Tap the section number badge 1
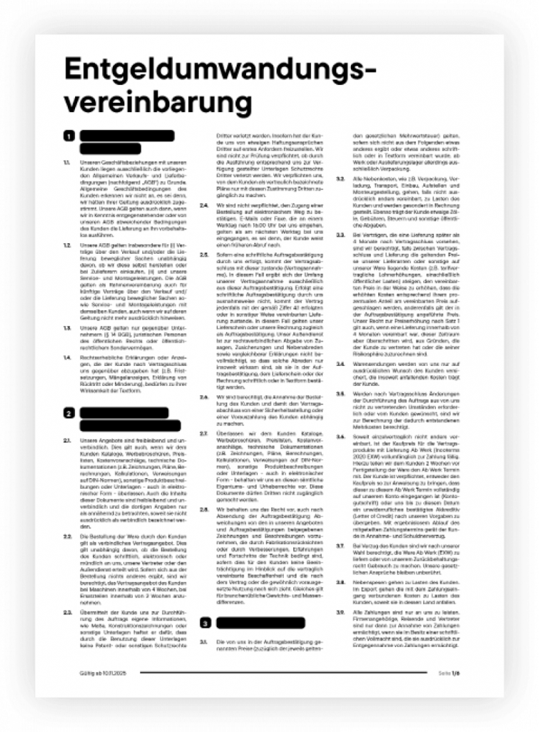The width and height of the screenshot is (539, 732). click(69, 136)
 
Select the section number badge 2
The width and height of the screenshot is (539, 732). click(69, 413)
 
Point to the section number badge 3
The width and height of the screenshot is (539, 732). click(204, 623)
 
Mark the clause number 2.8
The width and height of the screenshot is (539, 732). click(203, 510)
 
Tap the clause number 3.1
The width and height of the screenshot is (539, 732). click(203, 641)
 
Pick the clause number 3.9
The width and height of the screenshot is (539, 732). click(340, 612)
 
